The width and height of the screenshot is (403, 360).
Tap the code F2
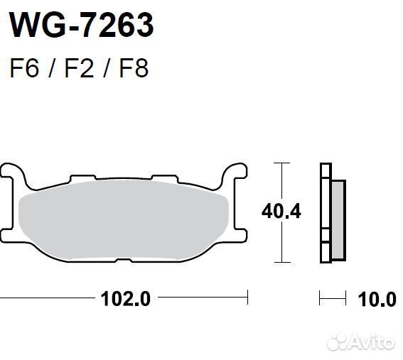[x=78, y=70]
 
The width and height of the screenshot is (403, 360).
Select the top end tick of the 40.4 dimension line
[x=283, y=163]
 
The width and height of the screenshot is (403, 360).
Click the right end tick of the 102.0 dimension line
[x=247, y=298]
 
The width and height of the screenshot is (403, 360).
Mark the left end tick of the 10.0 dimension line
[x=321, y=298]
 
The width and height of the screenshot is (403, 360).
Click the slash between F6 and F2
[x=51, y=70]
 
